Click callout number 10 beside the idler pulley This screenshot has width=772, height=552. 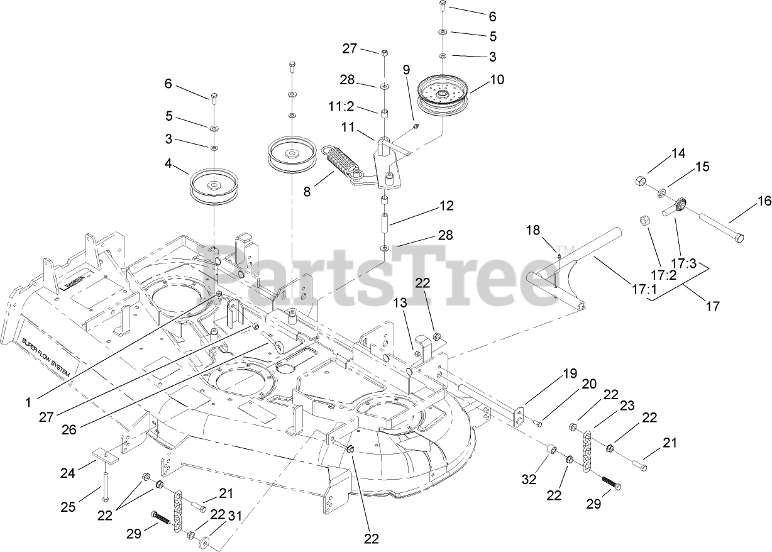pos(497,80)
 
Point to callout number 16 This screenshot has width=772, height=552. pos(763,202)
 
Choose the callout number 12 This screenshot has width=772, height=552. pos(447,206)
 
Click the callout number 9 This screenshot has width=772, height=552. pos(405,69)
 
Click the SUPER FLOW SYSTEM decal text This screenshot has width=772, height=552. pos(47,358)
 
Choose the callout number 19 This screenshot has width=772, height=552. pos(569,374)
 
